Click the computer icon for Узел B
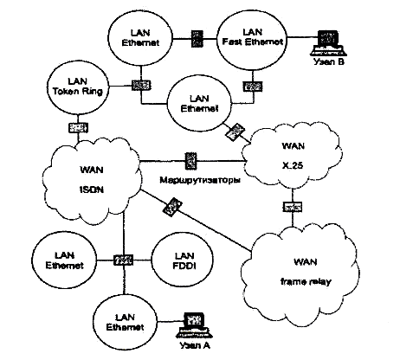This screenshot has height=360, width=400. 328,42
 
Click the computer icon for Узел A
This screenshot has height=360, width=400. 195,325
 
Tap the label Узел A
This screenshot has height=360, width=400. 195,345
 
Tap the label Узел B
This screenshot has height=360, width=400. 329,61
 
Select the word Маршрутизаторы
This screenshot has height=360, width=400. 200,181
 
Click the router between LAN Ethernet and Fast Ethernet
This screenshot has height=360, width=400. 197,38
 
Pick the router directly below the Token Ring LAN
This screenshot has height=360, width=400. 78,127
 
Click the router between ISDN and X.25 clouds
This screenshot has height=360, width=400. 190,161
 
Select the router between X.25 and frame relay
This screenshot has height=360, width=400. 293,207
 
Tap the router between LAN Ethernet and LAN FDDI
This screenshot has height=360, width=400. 123,260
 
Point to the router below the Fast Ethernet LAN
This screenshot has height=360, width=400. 253,86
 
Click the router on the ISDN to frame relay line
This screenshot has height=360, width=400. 172,207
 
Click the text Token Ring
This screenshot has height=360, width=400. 78,92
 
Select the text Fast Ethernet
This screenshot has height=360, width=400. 253,42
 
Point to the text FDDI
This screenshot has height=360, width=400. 184,266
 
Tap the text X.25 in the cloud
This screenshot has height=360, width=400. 293,165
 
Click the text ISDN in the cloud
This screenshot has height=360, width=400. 92,190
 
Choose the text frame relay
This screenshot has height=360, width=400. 306,281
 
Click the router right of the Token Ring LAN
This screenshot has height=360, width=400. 141,85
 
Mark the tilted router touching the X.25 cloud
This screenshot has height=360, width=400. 235,132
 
